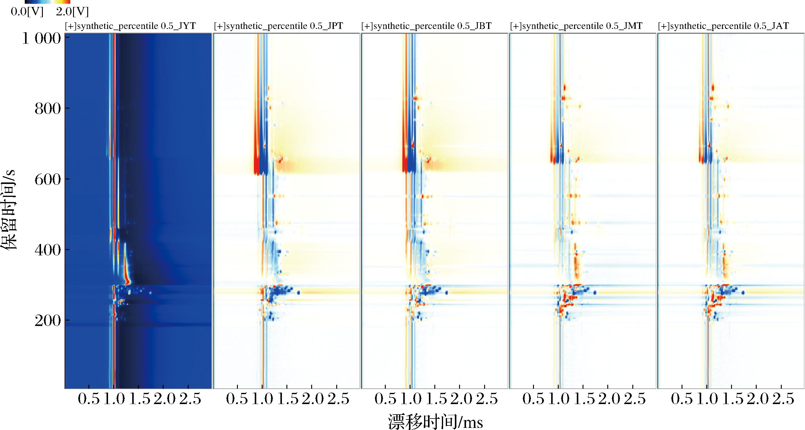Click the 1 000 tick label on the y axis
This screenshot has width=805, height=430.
41,39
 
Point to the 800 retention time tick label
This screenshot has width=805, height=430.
47,109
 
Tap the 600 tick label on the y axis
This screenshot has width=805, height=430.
47,179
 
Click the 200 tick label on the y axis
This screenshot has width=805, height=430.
47,321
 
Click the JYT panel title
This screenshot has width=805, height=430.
130,26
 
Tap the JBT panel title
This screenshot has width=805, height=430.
426,26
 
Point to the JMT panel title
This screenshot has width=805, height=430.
576,26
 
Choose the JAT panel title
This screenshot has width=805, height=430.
724,26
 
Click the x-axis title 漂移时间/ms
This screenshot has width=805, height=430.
436,422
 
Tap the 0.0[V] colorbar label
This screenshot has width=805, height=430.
27,12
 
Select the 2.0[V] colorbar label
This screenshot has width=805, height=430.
72,12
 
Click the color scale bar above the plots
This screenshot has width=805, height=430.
47,2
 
